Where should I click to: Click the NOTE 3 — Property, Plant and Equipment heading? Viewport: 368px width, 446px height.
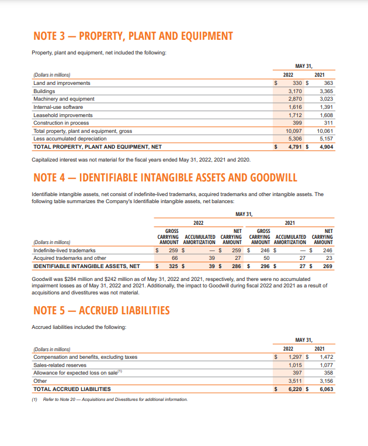pos(131,36)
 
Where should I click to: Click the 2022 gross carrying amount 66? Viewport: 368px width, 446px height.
pos(174,258)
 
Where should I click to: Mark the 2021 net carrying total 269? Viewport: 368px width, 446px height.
pos(327,266)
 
